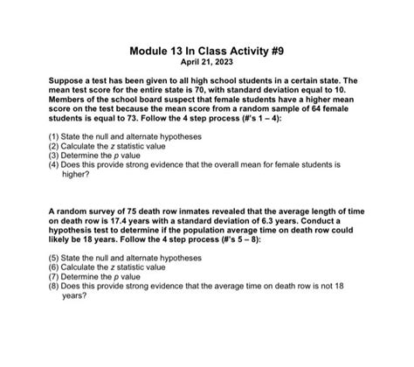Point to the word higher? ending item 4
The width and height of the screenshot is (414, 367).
(77, 173)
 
